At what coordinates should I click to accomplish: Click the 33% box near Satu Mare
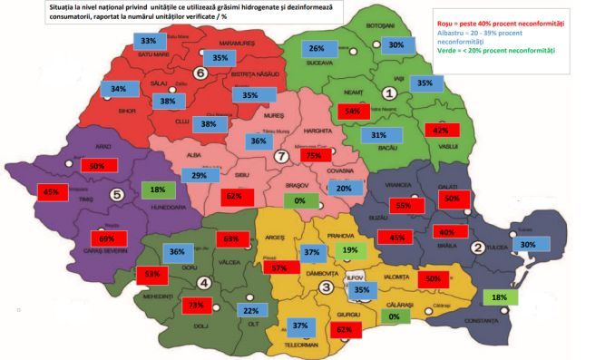tap(149, 41)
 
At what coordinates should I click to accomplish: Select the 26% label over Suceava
tap(317, 48)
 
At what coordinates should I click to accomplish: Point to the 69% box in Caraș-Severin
tap(107, 238)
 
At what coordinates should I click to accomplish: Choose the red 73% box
tap(194, 306)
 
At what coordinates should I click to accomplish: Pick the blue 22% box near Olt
tap(251, 311)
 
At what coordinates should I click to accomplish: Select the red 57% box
tap(280, 268)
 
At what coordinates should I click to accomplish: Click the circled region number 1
tap(389, 92)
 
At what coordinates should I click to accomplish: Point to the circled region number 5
tap(116, 193)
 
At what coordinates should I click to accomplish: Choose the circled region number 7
tap(282, 157)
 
